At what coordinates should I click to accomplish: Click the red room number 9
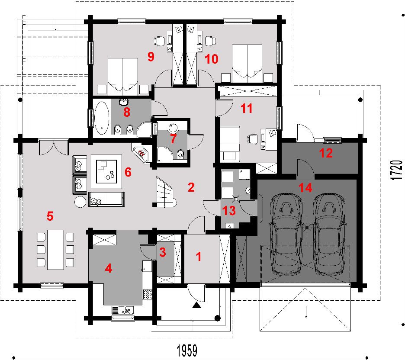151,56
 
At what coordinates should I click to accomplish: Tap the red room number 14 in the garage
305,187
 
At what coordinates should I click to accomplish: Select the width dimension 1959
187,350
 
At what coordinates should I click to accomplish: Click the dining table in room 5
55,250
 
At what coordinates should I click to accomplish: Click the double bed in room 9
123,77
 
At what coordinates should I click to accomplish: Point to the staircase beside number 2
165,192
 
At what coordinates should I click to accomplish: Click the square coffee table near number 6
106,171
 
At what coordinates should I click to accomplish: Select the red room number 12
326,153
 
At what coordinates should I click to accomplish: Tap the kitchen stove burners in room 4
148,294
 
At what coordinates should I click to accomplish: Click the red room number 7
173,139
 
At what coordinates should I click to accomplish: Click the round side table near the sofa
80,202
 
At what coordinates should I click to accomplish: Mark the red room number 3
162,252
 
